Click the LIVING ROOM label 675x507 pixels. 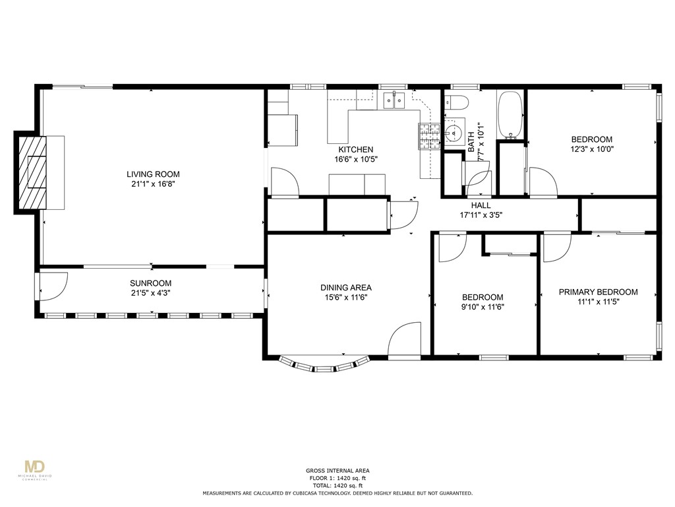point(153,174)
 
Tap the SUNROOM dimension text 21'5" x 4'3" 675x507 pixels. point(151,293)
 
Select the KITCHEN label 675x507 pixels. point(355,150)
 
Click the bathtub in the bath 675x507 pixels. point(510,115)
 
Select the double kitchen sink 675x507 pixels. point(394,100)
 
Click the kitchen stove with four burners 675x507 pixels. point(428,136)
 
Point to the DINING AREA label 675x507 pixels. point(345,288)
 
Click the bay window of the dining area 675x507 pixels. point(324,365)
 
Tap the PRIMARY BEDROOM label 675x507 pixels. point(598,292)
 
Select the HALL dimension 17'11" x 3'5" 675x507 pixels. point(481,215)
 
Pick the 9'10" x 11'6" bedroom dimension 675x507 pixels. point(483,307)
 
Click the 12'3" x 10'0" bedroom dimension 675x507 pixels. point(592,149)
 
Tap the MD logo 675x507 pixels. point(35,467)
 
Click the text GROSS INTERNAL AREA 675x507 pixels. point(337,471)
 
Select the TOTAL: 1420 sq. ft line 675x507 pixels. point(337,485)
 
